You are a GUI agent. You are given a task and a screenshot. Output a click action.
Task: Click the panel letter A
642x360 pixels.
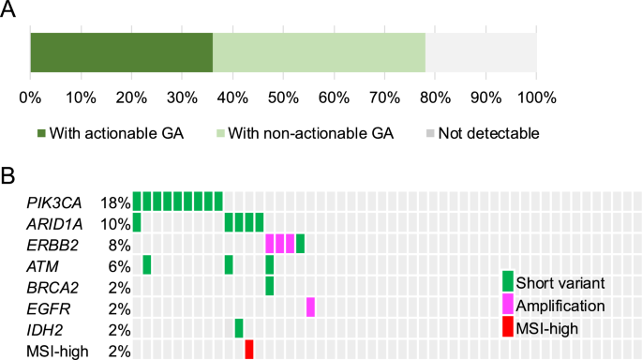8,11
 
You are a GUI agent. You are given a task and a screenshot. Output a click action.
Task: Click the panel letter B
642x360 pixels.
8,175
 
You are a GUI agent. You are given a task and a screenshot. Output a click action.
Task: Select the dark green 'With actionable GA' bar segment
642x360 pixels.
121,51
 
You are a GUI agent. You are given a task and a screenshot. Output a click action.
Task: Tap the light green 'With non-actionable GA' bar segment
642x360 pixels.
319,51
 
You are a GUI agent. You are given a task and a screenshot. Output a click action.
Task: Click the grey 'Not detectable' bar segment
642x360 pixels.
481,51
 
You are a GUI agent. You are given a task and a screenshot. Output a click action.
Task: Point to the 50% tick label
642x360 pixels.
283,97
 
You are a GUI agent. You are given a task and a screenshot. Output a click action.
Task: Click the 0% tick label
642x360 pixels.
30,97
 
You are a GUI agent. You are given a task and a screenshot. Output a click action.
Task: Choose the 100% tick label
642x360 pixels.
536,97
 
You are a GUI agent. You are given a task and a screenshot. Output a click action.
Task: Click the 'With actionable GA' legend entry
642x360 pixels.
110,133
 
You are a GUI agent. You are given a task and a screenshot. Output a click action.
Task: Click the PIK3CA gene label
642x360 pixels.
55,202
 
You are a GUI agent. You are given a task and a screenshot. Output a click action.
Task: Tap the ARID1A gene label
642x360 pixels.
55,223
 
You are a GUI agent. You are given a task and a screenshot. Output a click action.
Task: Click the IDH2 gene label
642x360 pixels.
45,329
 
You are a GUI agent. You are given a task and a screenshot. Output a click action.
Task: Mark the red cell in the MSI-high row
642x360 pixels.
249,350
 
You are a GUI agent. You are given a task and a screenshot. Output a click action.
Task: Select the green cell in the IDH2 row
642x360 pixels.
239,328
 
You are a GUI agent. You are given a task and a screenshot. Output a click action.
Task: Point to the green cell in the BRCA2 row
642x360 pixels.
270,286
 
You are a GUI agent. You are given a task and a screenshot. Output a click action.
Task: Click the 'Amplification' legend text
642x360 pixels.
561,306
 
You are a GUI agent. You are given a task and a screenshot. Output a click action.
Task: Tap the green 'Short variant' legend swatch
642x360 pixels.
508,281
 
